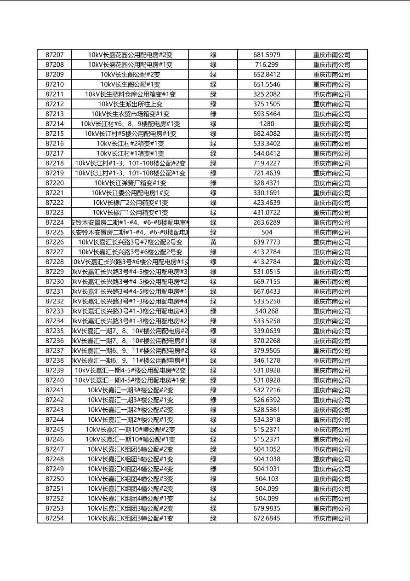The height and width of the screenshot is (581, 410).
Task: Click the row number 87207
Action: tap(55, 55)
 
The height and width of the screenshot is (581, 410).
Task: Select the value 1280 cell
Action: tap(267, 124)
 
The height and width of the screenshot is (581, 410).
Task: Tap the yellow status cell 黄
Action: tap(213, 242)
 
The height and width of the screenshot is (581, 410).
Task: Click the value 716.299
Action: tap(267, 65)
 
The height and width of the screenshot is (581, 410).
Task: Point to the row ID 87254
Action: tap(55, 518)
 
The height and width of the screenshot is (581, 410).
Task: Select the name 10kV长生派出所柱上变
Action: tap(130, 104)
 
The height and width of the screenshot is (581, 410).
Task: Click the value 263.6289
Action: tap(267, 222)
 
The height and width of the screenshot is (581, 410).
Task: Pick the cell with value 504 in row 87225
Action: tap(267, 232)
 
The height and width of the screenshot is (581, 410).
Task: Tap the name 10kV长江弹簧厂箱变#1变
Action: tap(130, 183)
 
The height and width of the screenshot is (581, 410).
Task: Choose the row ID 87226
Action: tap(55, 242)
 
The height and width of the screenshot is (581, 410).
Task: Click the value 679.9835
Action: tap(267, 509)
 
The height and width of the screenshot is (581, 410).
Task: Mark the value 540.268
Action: tap(267, 311)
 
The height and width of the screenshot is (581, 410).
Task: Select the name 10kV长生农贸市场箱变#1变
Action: tap(130, 114)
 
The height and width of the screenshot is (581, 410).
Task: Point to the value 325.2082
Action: tap(267, 94)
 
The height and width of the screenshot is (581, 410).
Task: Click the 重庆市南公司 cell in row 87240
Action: tap(331, 380)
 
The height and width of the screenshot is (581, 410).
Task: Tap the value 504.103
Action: tap(267, 479)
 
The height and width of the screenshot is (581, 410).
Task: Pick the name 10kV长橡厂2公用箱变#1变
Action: tap(130, 203)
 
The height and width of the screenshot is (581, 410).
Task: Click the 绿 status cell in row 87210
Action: tap(213, 85)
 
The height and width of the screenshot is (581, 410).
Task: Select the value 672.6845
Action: tap(267, 518)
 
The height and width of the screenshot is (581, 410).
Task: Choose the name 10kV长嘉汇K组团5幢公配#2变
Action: tap(130, 449)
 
